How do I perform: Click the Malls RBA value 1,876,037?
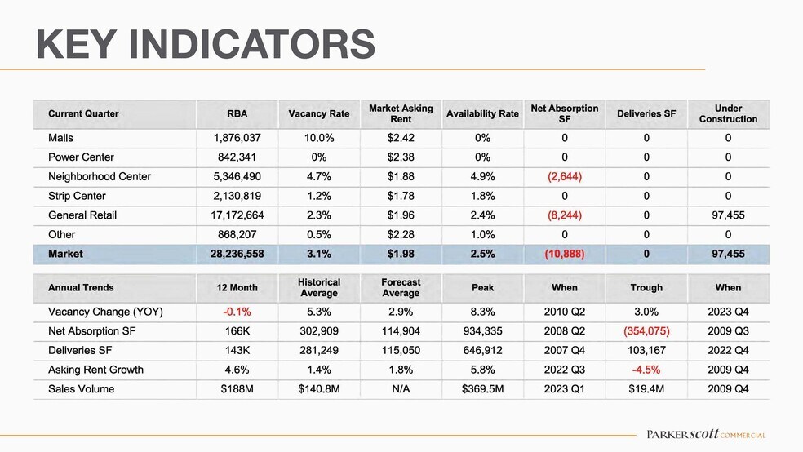[x=237, y=138]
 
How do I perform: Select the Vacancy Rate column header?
[x=318, y=113]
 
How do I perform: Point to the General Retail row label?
[x=82, y=215]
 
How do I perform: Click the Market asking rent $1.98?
[x=401, y=254]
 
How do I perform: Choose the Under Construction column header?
[x=728, y=113]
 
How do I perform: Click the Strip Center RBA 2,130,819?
[x=237, y=196]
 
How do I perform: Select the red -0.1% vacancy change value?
[x=237, y=312]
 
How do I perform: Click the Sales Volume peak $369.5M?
[x=482, y=389]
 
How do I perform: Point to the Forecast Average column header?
[x=401, y=288]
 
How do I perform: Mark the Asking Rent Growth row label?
[x=95, y=370]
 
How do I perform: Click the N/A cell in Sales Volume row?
[x=401, y=389]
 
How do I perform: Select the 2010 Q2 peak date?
[x=565, y=312]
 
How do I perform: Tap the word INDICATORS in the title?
[x=252, y=45]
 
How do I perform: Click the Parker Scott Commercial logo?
[x=706, y=435]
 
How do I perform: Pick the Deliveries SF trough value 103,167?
[x=646, y=351]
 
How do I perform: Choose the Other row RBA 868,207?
[x=237, y=234]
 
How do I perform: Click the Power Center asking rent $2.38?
[x=401, y=157]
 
